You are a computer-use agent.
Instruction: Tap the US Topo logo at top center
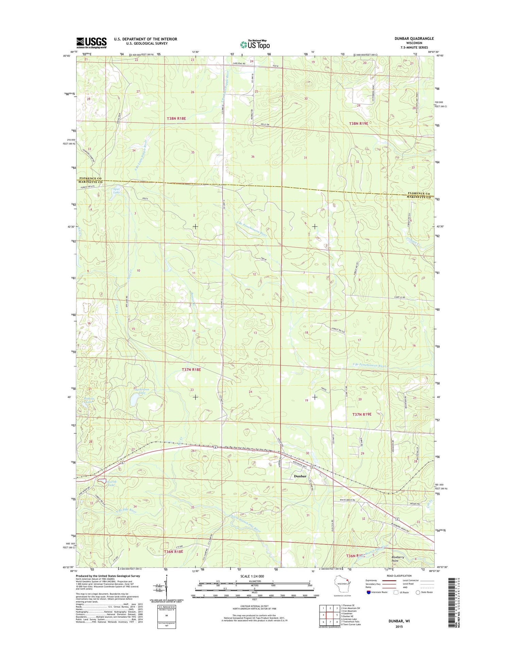(255, 44)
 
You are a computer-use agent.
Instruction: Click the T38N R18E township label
(176, 118)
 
